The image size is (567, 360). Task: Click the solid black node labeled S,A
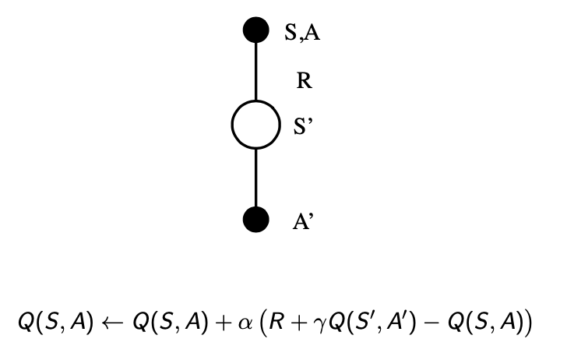(x=256, y=31)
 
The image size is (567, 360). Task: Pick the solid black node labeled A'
(x=256, y=220)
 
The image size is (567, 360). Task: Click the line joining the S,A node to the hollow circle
(x=256, y=71)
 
